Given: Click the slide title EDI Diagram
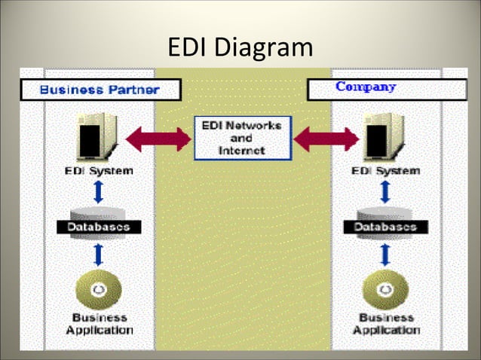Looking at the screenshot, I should pos(240,47).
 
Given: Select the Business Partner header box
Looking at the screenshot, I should pos(100,90).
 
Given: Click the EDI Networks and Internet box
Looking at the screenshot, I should pos(240,138).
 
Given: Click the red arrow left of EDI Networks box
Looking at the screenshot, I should pos(158,139).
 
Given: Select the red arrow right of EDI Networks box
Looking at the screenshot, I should pos(326,139).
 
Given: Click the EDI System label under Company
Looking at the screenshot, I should pos(385,171).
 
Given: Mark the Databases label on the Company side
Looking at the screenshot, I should pos(385,226).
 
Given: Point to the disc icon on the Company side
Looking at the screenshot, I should pos(385,289).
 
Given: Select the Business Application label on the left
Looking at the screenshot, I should pos(99,324).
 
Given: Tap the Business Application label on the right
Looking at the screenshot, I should pos(387,324).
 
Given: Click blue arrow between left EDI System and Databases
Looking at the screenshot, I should pos(98,191).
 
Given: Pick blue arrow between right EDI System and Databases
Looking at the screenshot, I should pos(385,191).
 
